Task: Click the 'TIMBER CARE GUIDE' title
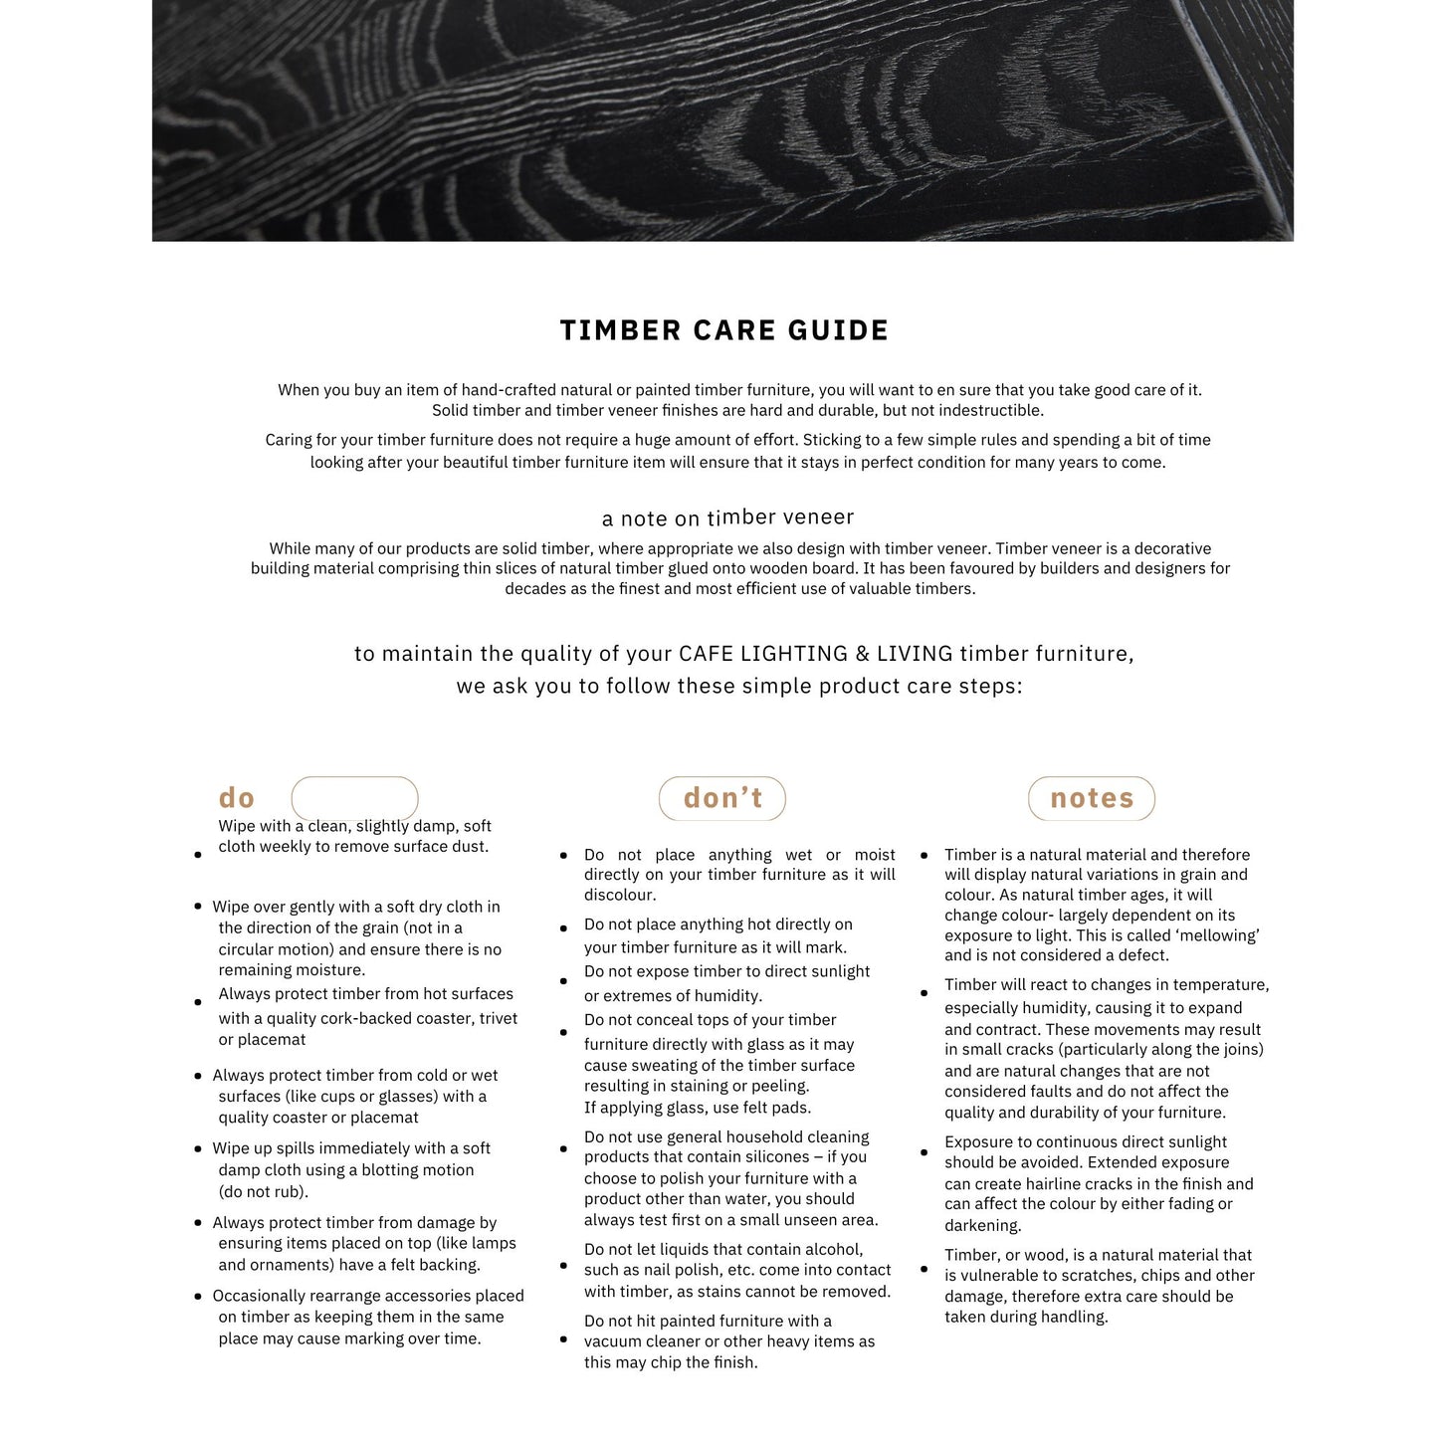coord(723,330)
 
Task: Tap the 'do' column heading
coord(237,798)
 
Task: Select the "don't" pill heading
coord(722,798)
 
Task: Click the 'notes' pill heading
coord(1092,798)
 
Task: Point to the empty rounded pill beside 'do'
coord(354,798)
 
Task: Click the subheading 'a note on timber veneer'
coord(727,517)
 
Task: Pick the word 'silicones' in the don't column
coord(766,1156)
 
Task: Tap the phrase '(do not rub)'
coord(264,1191)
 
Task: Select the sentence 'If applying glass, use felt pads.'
coord(697,1108)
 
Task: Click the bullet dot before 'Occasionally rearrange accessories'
coord(198,1297)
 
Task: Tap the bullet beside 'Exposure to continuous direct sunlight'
coord(924,1152)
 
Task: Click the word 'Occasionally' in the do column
coord(258,1296)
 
